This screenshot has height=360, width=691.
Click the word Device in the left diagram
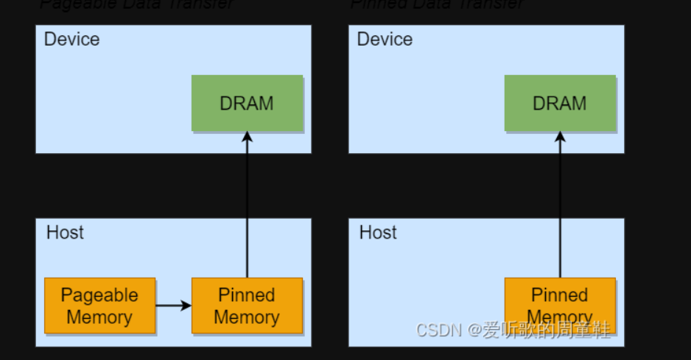pos(71,39)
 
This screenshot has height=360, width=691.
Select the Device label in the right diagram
pos(385,39)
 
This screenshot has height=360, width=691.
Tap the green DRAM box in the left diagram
pos(247,103)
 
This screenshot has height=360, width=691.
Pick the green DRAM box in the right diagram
pos(560,103)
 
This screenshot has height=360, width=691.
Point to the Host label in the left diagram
pos(65,233)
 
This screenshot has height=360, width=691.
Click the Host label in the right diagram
pos(378,233)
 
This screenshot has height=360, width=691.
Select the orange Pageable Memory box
pos(99,306)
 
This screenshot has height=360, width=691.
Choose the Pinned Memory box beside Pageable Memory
pos(247,306)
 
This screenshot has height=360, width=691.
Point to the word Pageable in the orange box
pos(99,295)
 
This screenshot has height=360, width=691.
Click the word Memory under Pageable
pos(99,317)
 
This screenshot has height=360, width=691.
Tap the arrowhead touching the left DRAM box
pos(247,137)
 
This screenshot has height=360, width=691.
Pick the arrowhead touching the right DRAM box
pos(560,137)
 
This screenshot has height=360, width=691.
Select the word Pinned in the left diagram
pos(247,295)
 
